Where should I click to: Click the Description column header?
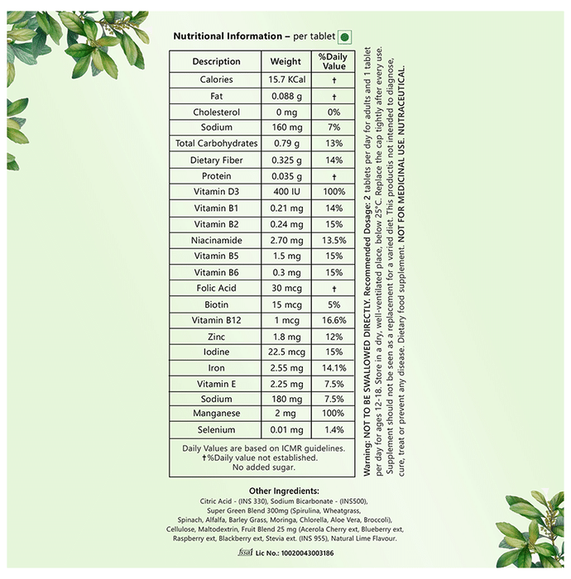[x=216, y=61]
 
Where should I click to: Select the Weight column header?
[x=286, y=61]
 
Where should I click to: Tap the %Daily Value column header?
[x=334, y=61]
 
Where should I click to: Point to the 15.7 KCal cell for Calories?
[x=286, y=80]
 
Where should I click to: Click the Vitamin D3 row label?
[x=216, y=192]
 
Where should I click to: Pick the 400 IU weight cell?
[x=286, y=192]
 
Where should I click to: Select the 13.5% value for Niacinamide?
[x=334, y=240]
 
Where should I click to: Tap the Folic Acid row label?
[x=216, y=288]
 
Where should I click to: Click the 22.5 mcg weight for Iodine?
[x=286, y=352]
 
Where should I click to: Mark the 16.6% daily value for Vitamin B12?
[x=334, y=320]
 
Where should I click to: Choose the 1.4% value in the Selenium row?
[x=334, y=431]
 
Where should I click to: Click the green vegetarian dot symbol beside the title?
[x=345, y=37]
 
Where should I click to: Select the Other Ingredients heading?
[x=285, y=491]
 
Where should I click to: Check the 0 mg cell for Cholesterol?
[x=286, y=112]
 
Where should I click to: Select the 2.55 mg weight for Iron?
[x=286, y=368]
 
